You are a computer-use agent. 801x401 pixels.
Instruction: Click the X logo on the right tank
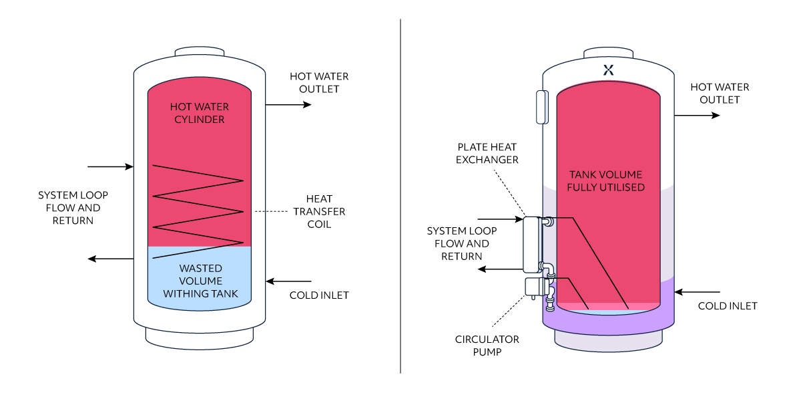tap(608, 69)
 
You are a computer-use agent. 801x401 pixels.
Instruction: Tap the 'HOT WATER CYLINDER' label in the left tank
tap(199, 113)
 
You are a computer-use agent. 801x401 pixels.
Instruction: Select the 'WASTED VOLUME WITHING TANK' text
tap(200, 281)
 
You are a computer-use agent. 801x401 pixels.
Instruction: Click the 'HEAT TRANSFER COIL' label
tap(320, 212)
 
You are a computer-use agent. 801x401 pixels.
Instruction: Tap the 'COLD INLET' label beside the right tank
tap(728, 306)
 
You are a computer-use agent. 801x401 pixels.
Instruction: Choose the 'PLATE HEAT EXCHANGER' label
tap(487, 153)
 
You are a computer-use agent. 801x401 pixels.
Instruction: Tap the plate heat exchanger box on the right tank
tap(531, 244)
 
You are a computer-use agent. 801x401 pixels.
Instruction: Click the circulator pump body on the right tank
tap(535, 287)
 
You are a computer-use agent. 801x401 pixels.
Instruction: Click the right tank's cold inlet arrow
tap(698, 292)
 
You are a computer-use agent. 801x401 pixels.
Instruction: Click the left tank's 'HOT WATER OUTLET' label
tap(319, 83)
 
